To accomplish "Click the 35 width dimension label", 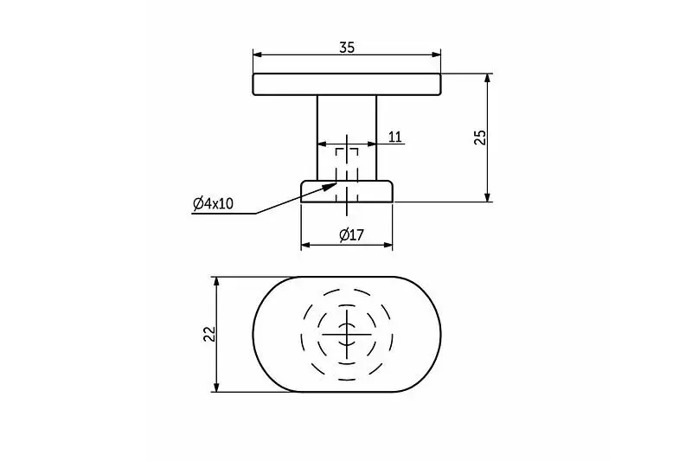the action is [347, 48].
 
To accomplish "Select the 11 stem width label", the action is [395, 137].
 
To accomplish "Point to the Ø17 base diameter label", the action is [351, 234].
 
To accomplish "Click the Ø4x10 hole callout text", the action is [213, 203].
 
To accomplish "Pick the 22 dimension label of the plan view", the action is [209, 334].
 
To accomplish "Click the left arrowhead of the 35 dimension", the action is [258, 54].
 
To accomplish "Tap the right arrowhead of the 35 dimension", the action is [436, 54].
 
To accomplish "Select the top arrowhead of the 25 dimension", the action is [487, 79].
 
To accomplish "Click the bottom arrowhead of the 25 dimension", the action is [487, 196].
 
